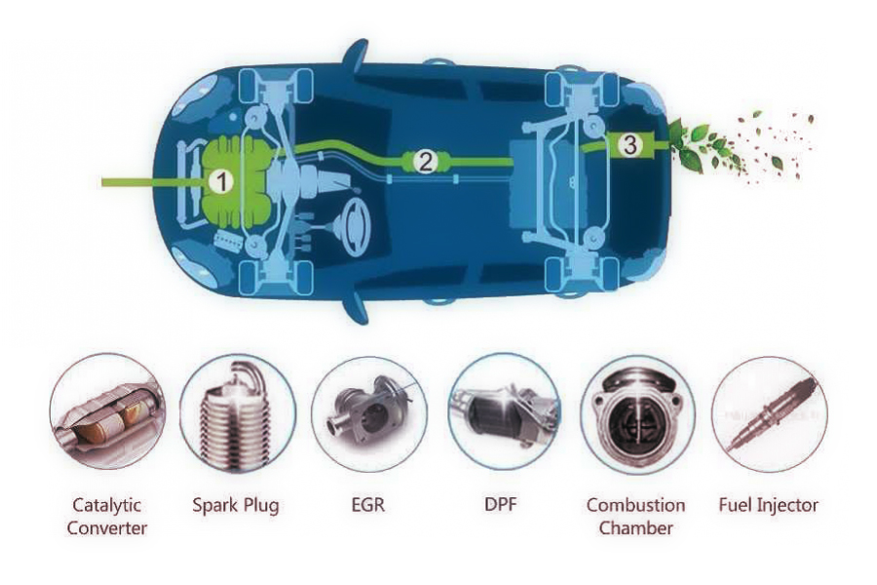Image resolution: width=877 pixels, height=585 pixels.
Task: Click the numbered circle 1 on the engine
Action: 223,180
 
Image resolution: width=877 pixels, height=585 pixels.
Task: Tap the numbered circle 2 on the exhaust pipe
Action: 425,162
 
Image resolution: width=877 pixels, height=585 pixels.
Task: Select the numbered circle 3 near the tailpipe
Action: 630,145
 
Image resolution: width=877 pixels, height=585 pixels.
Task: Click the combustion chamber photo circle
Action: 636,414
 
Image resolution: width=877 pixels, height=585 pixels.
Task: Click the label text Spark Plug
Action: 237,505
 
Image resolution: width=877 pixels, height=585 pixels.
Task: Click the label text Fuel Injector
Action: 768,505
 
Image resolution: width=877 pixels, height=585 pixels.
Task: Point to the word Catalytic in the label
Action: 107,505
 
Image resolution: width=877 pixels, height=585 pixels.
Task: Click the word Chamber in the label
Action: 635,528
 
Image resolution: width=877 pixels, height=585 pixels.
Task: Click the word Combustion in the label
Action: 635,505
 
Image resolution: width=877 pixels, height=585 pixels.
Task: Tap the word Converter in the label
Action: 109,528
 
